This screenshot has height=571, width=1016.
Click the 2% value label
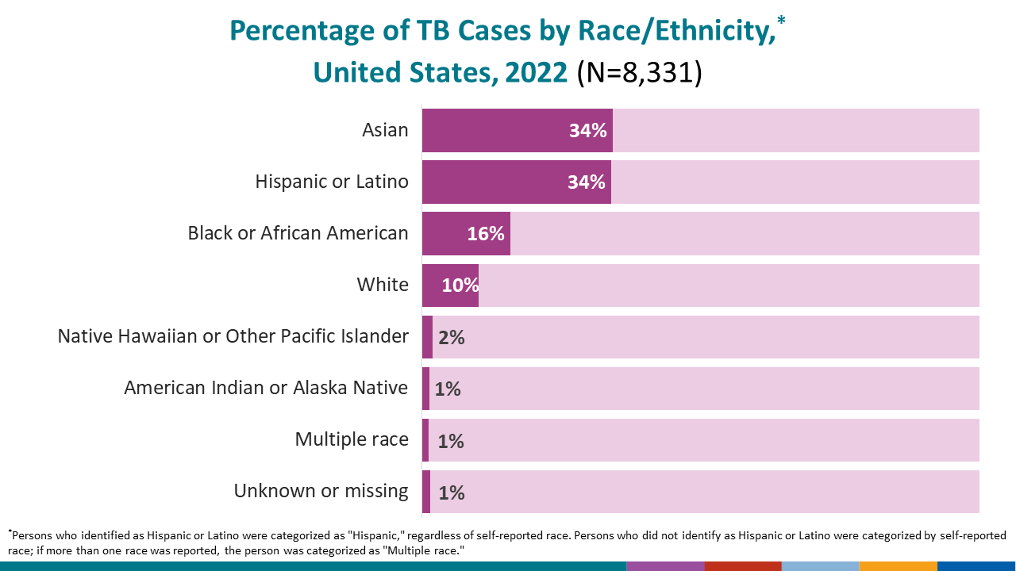pos(451,337)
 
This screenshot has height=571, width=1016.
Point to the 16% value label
pos(486,234)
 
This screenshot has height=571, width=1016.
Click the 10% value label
pos(460,285)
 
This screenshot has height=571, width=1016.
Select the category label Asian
pos(385,130)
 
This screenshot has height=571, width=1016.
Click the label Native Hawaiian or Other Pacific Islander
pos(233,336)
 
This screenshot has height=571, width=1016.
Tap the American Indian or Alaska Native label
pos(266,388)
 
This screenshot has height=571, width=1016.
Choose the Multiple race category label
pos(352,439)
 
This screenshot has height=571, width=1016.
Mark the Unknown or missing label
pos(321,491)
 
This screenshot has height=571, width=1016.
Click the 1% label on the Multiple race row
pos(451,441)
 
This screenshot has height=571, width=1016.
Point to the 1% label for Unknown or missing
pos(451,492)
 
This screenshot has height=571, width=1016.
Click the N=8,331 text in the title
pos(640,72)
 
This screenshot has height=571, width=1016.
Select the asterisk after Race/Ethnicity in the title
pos(781,19)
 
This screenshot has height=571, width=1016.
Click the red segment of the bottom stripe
pos(743,566)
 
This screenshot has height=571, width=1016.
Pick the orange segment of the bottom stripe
pos(898,566)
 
